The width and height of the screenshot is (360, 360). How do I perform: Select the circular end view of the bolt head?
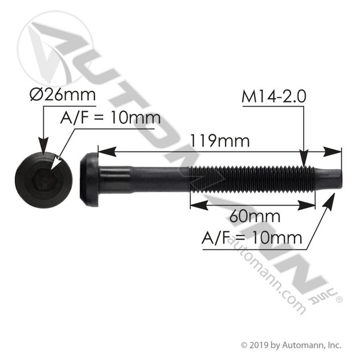click(x=44, y=181)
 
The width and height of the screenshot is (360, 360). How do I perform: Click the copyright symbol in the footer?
click(x=245, y=345)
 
